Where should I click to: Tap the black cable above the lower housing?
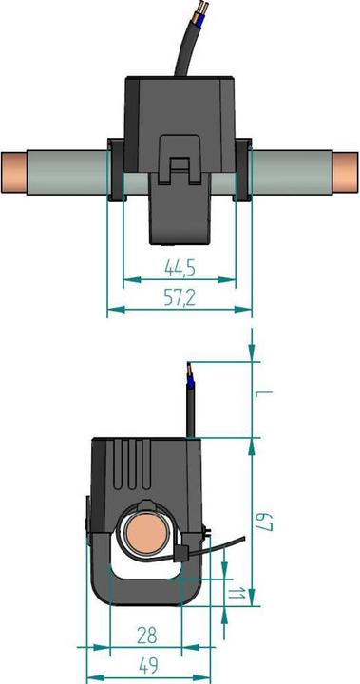[190, 413]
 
